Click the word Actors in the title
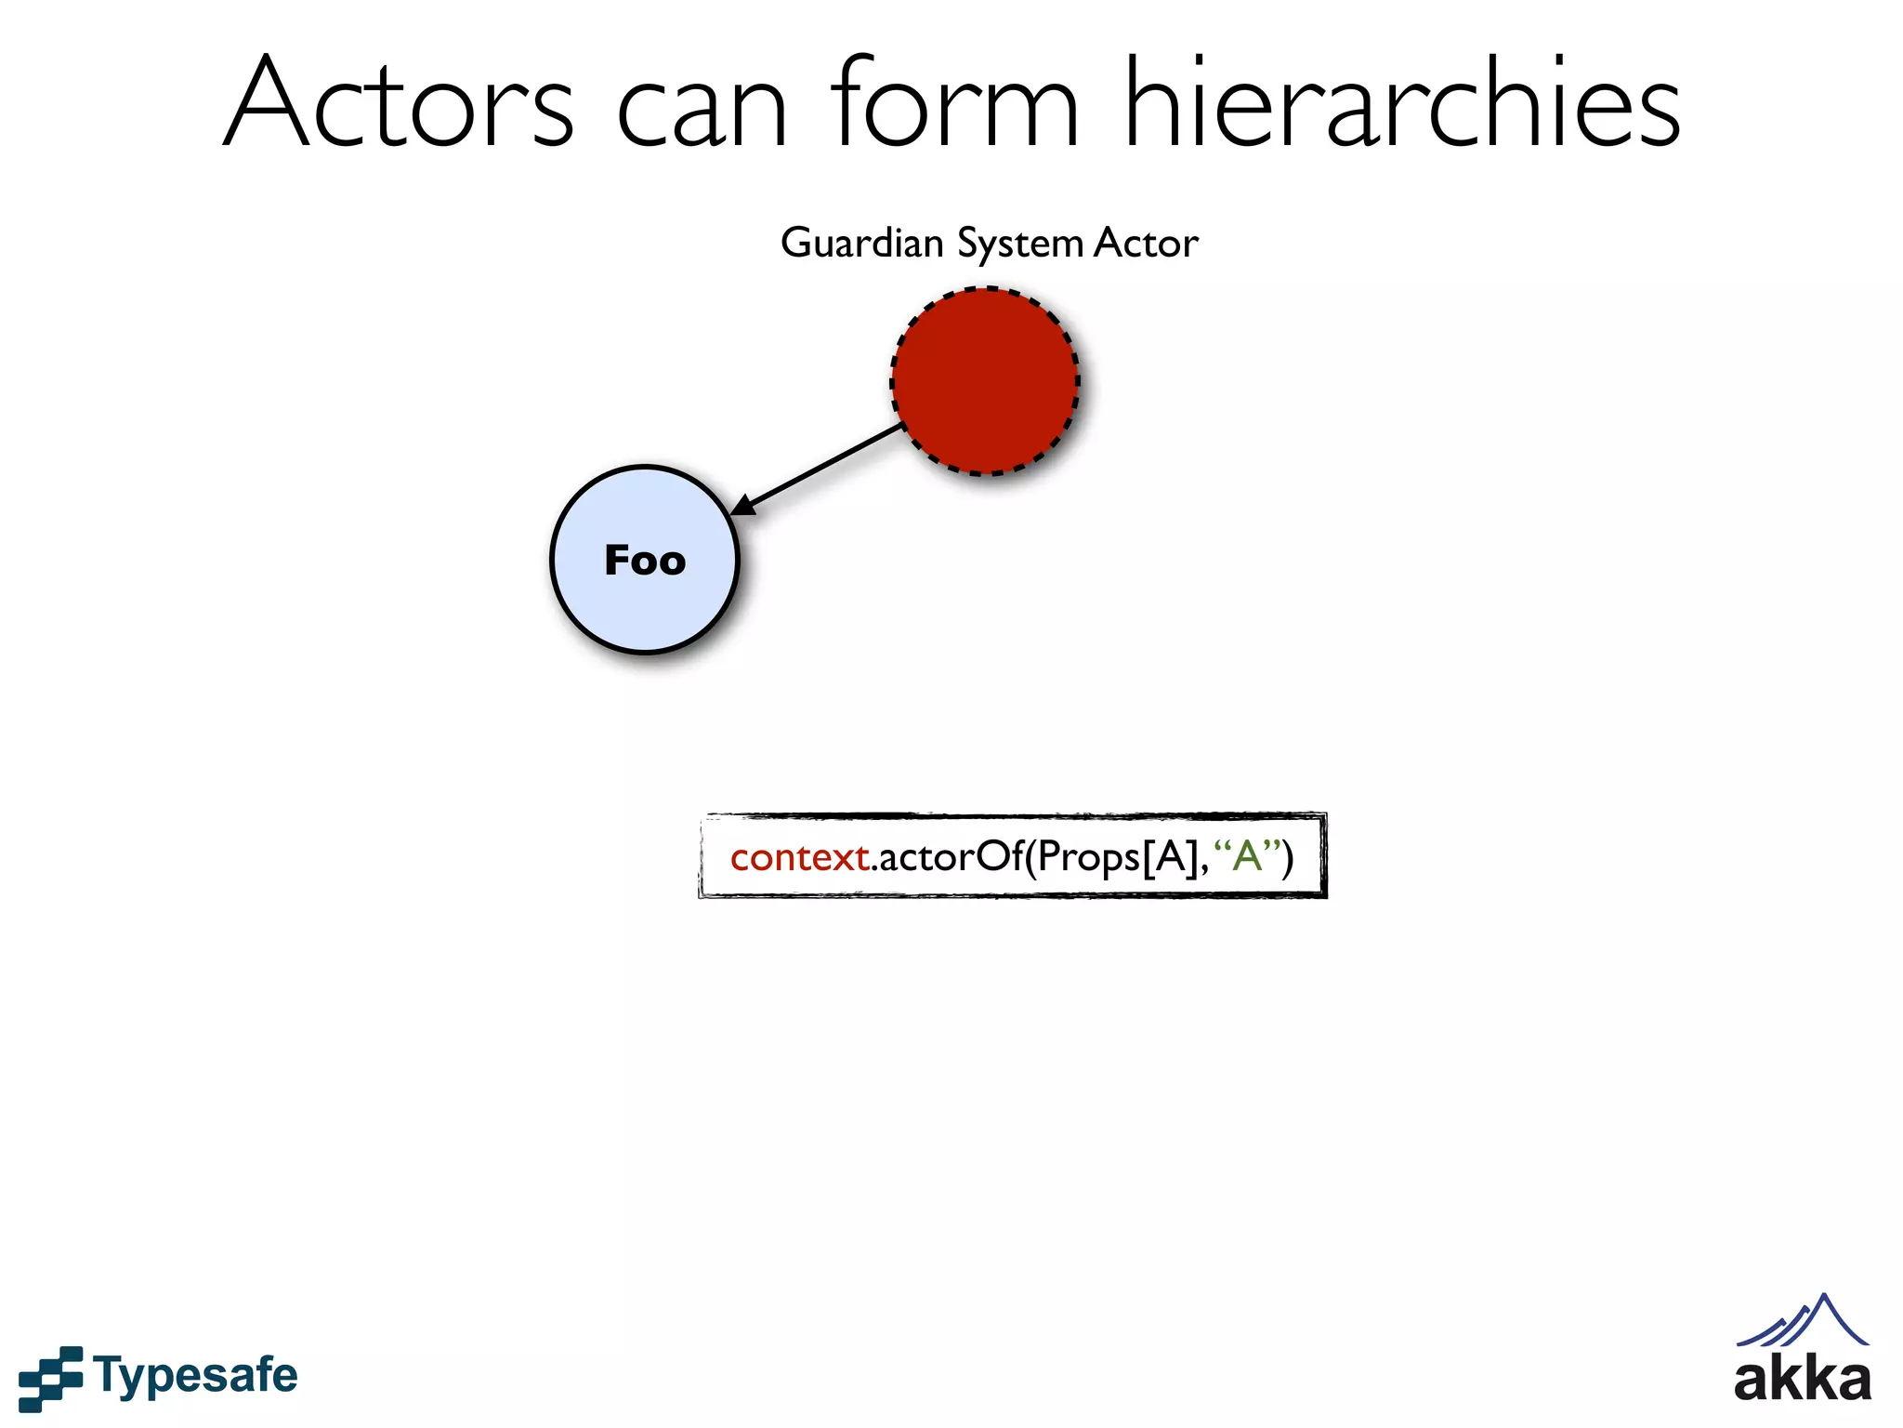click(x=400, y=104)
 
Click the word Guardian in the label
click(x=861, y=244)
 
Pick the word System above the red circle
click(x=1019, y=245)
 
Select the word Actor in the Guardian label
click(x=1146, y=244)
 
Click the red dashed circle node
click(x=985, y=381)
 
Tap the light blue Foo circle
click(x=644, y=614)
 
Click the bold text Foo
click(x=645, y=561)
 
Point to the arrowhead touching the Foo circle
click(x=743, y=506)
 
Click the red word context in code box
click(x=798, y=857)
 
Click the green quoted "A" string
click(x=1247, y=855)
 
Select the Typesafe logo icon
click(x=50, y=1378)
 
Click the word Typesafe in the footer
click(x=195, y=1376)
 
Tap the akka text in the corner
click(x=1802, y=1382)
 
